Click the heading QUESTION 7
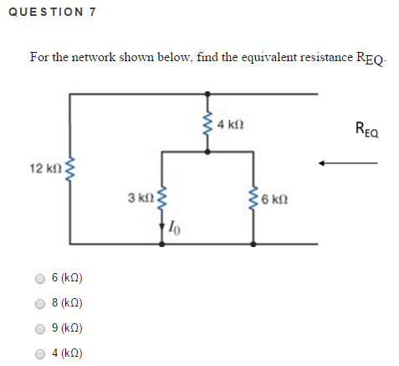coord(49,13)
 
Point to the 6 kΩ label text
coord(275,201)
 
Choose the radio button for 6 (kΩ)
coord(39,278)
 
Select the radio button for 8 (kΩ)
coord(39,303)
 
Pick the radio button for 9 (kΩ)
coord(39,328)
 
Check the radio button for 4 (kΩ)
coord(39,353)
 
